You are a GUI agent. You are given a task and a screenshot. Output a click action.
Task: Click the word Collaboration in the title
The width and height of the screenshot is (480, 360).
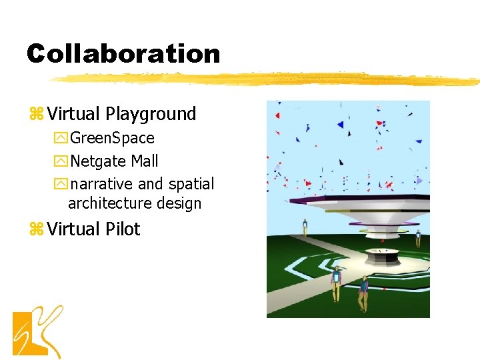click(x=123, y=54)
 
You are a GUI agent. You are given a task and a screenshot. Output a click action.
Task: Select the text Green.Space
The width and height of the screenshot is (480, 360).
click(x=112, y=139)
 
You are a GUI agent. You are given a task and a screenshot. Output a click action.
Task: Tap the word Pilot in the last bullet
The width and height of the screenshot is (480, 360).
click(x=123, y=229)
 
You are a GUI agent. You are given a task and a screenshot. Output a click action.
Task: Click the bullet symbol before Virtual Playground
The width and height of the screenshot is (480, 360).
click(x=35, y=115)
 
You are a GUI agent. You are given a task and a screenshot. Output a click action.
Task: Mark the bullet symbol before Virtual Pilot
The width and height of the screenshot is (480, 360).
click(x=35, y=230)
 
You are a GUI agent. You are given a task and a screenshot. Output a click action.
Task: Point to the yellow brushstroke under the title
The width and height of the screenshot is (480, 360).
click(x=267, y=79)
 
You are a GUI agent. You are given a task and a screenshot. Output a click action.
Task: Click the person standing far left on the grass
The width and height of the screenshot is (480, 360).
click(x=305, y=227)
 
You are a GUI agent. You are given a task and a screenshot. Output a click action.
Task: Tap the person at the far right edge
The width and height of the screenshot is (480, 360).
click(x=419, y=237)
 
